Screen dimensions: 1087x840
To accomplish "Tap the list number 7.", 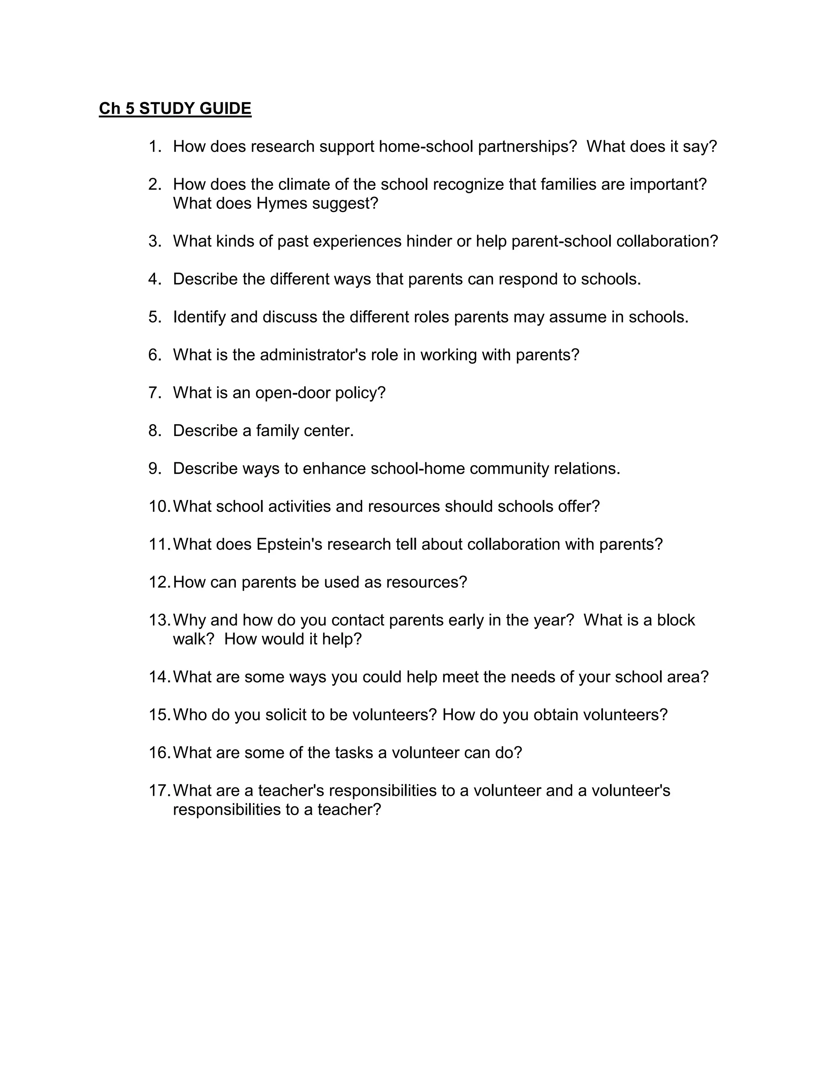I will tap(154, 393).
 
